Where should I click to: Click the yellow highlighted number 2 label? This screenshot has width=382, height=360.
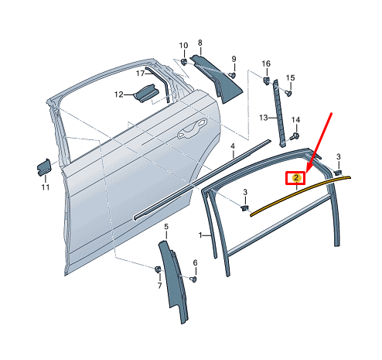pyautogui.click(x=296, y=179)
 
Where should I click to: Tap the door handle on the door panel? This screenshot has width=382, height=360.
pyautogui.click(x=189, y=132)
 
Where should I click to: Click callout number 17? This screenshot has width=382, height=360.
pyautogui.click(x=141, y=74)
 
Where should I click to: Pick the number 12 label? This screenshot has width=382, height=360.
pyautogui.click(x=119, y=94)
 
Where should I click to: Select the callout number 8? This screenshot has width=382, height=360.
pyautogui.click(x=200, y=43)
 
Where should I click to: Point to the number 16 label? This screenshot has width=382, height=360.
pyautogui.click(x=266, y=63)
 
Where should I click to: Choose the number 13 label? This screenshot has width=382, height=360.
pyautogui.click(x=263, y=118)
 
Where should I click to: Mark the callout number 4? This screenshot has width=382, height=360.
pyautogui.click(x=232, y=146)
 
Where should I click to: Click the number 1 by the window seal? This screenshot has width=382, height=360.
pyautogui.click(x=200, y=234)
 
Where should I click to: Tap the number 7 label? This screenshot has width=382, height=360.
pyautogui.click(x=160, y=286)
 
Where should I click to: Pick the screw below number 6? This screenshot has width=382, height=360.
pyautogui.click(x=193, y=279)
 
